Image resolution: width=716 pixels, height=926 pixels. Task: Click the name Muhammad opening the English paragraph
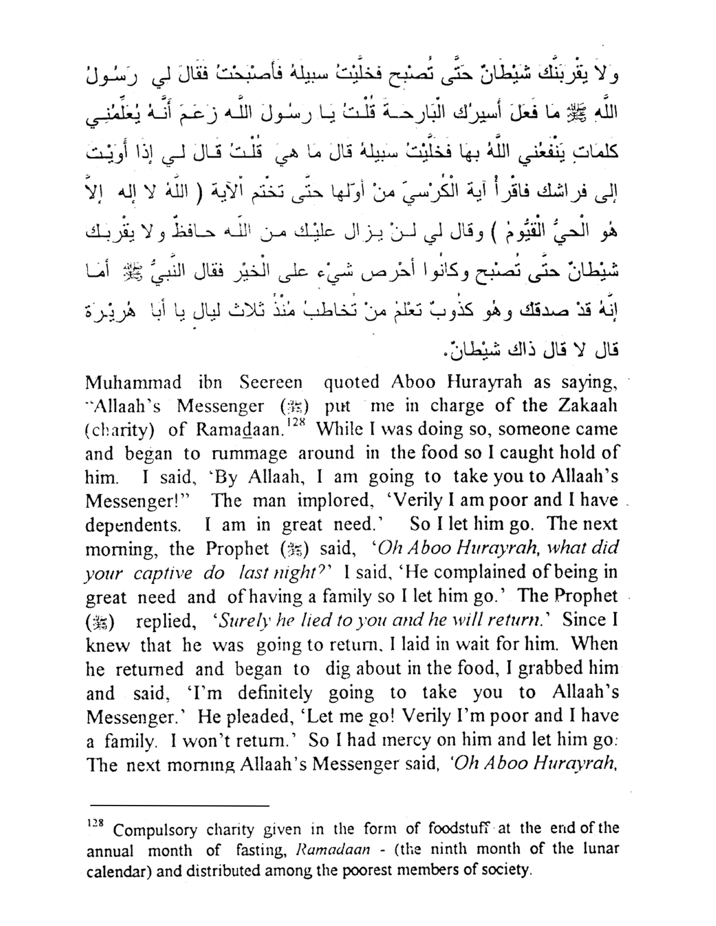click(x=133, y=382)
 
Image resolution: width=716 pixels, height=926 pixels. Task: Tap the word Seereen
click(x=271, y=382)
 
